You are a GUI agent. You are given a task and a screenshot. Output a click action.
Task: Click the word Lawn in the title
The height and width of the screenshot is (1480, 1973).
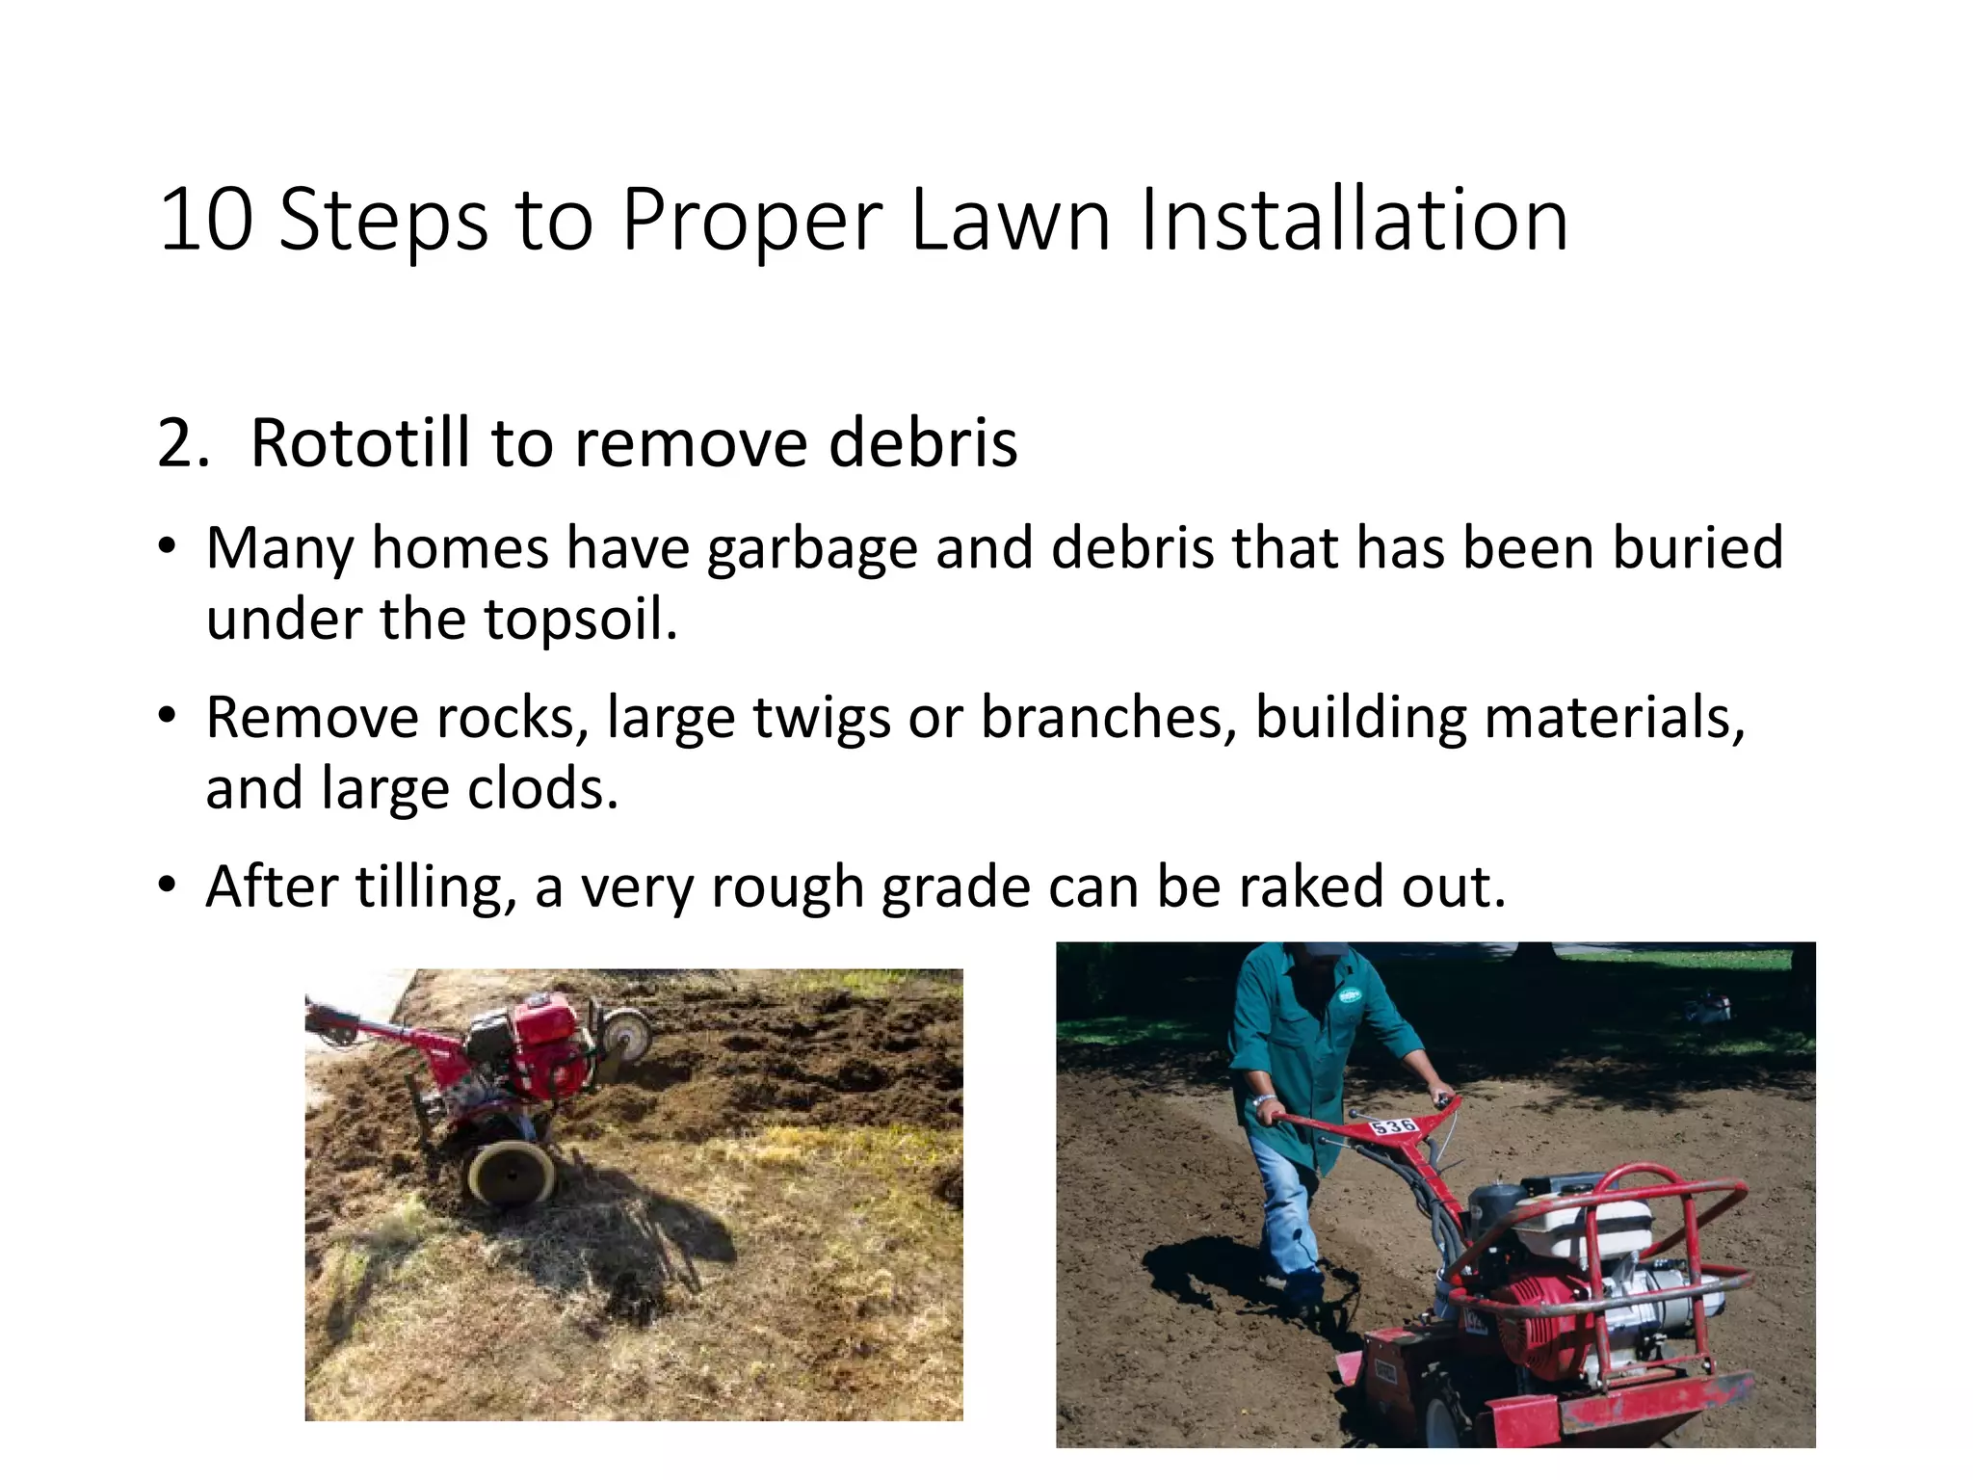tap(1010, 221)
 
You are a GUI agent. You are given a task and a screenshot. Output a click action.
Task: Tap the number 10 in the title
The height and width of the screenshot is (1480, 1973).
tap(206, 221)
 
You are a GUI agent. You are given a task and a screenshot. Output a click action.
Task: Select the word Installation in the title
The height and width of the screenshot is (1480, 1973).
tap(1355, 221)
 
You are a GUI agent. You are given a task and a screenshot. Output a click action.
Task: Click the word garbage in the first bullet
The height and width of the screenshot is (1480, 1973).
tap(811, 549)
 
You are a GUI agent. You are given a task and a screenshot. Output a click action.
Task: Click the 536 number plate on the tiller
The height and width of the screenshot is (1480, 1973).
tap(1393, 1126)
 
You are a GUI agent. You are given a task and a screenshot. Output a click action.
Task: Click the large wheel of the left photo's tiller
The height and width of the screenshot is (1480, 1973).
tap(511, 1174)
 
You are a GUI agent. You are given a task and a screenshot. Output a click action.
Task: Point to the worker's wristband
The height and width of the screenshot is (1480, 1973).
tap(1264, 1099)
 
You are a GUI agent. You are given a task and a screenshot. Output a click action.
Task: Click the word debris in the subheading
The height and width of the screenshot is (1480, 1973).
tap(922, 444)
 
